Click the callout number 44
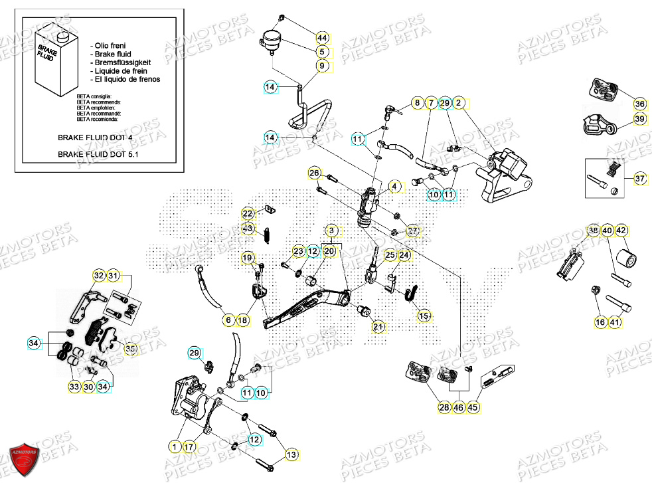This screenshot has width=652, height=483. point(322,38)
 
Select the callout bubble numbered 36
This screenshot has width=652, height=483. point(639,104)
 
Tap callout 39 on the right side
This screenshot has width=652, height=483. point(639,119)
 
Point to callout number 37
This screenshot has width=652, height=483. point(639,179)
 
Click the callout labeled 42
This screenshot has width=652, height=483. point(621,231)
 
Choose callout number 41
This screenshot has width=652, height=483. point(615,323)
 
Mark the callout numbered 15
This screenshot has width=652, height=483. point(424,316)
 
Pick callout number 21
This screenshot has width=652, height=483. point(378,326)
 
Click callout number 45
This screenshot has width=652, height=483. point(473,407)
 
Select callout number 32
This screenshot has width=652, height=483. point(99,276)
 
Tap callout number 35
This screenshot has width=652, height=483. point(130,348)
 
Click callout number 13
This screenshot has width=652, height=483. point(291,455)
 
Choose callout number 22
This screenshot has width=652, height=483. point(248,214)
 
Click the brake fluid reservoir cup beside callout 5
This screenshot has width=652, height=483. point(271,40)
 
